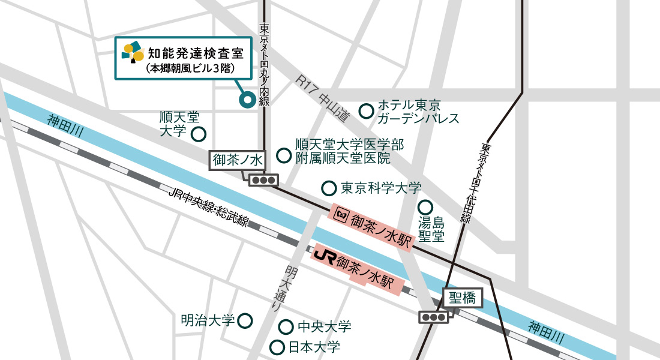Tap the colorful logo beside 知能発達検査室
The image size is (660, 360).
pyautogui.click(x=133, y=52)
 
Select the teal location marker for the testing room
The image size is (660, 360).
pyautogui.click(x=246, y=101)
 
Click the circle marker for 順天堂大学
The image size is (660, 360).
pyautogui.click(x=198, y=134)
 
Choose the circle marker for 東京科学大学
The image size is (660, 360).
pyautogui.click(x=328, y=188)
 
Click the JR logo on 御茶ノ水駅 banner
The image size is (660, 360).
pyautogui.click(x=324, y=255)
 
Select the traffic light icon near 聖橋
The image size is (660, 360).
pyautogui.click(x=434, y=317)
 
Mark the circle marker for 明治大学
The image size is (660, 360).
pyautogui.click(x=245, y=320)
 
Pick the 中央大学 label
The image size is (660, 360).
pyautogui.click(x=324, y=327)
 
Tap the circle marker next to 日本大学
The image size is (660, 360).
pyautogui.click(x=277, y=347)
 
